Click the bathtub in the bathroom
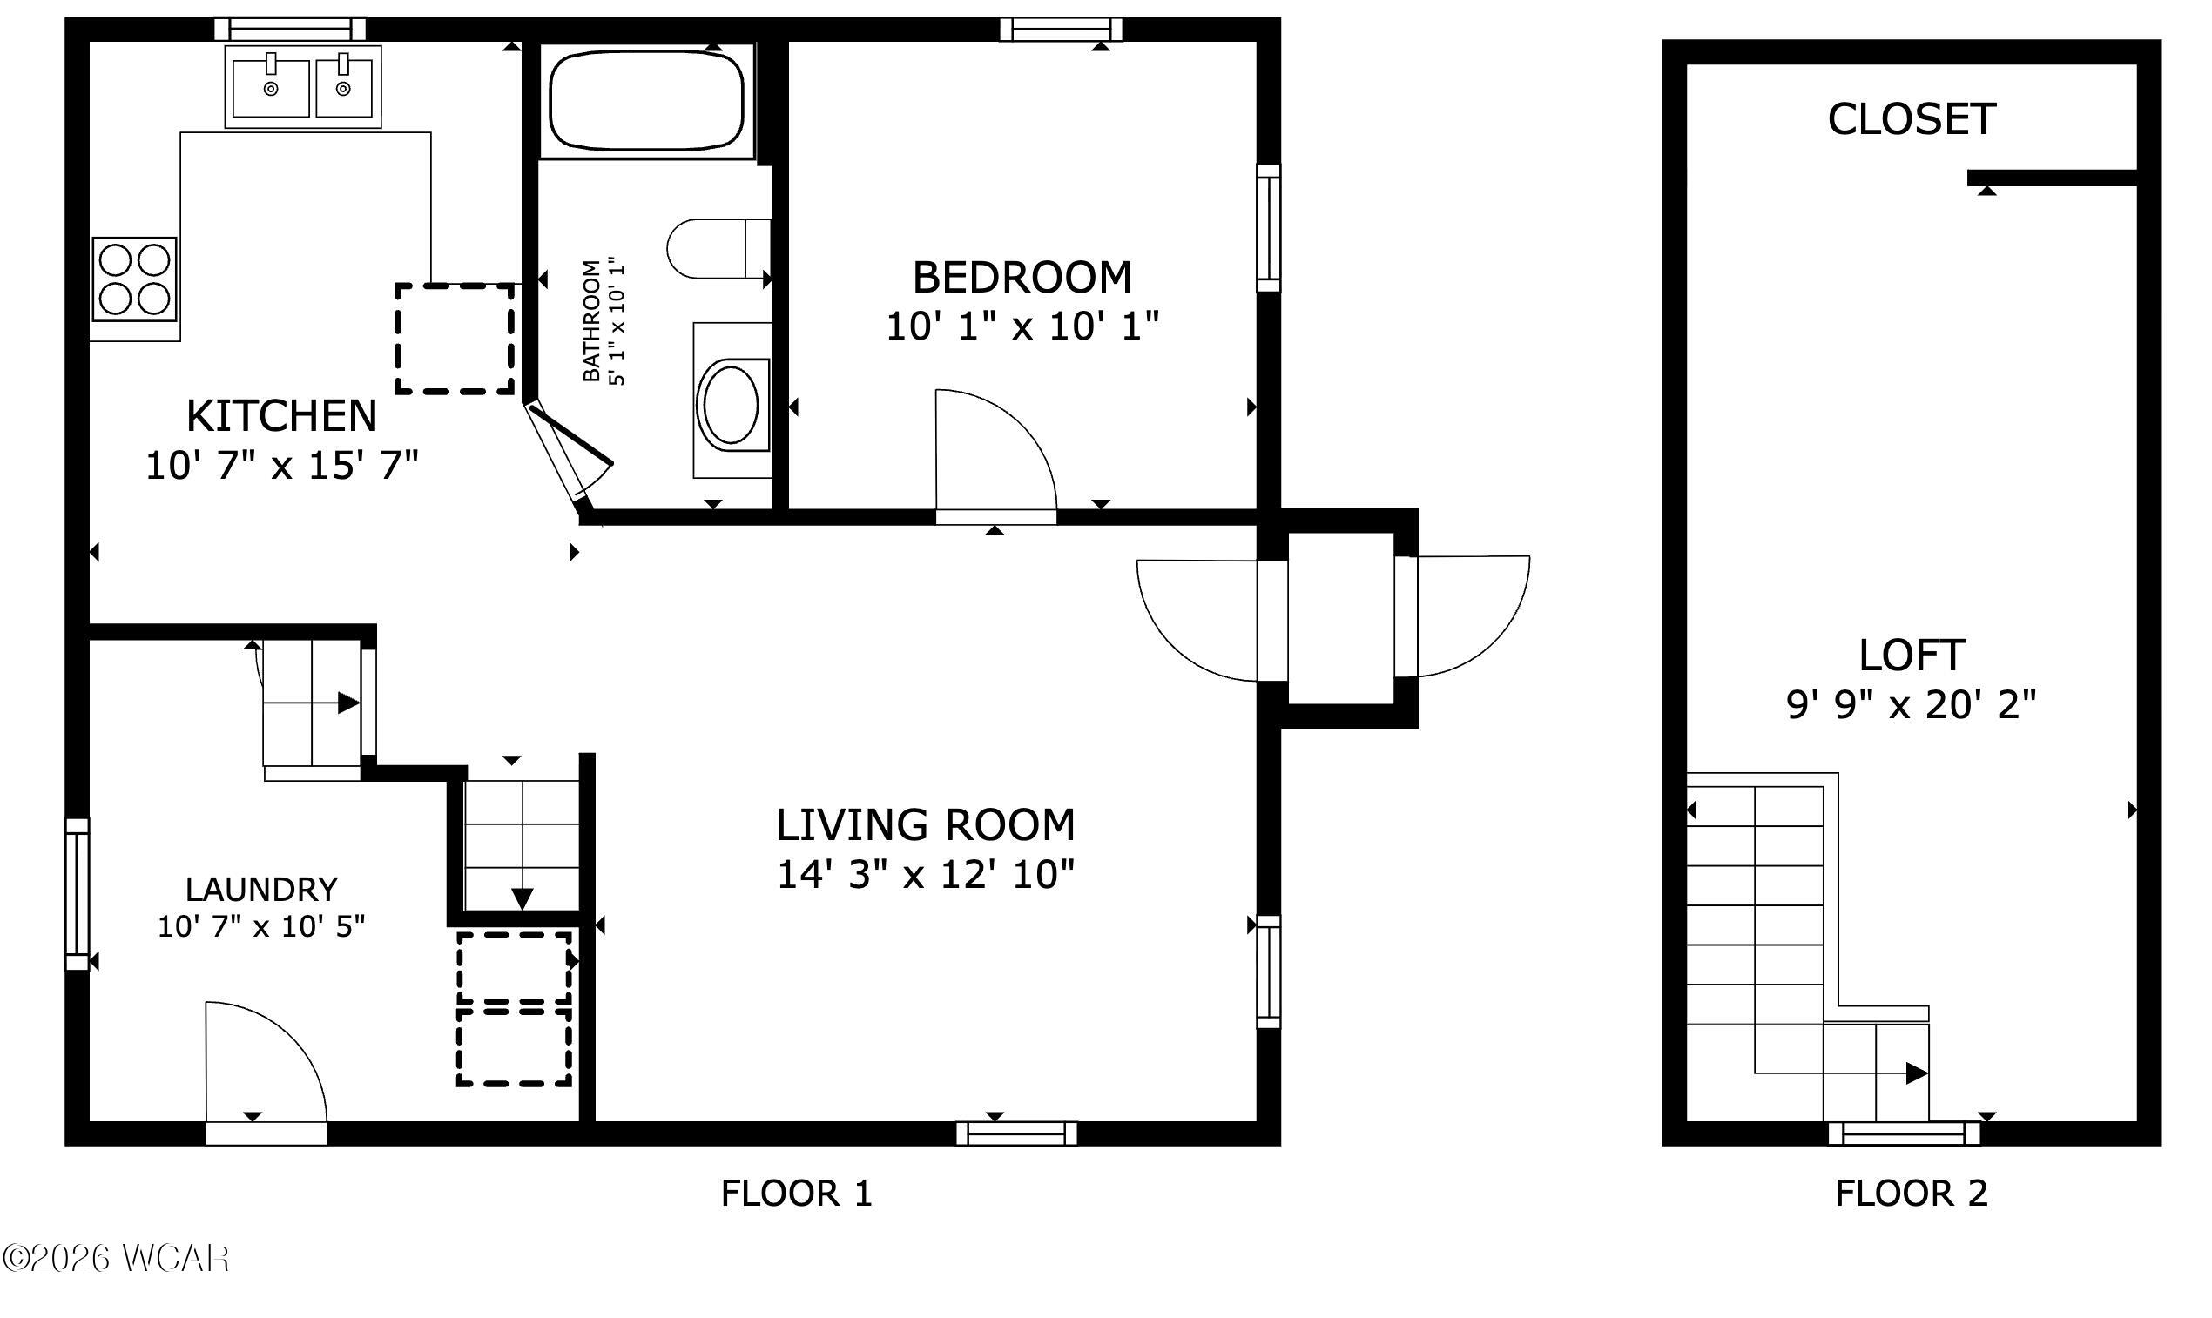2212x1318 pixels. pyautogui.click(x=647, y=99)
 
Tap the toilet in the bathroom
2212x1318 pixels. pyautogui.click(x=718, y=249)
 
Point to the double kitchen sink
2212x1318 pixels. pyautogui.click(x=303, y=87)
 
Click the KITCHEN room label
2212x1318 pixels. pyautogui.click(x=281, y=415)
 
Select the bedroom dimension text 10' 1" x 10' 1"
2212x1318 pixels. pyautogui.click(x=1022, y=326)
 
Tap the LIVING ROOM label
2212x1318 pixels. pyautogui.click(x=926, y=825)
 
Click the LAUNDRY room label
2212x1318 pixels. pyautogui.click(x=261, y=889)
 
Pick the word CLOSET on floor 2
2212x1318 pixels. pyautogui.click(x=1912, y=119)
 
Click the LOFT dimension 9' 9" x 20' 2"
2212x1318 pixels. pyautogui.click(x=1912, y=705)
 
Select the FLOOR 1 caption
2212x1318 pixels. pyautogui.click(x=797, y=1193)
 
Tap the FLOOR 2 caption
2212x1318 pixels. pyautogui.click(x=1912, y=1193)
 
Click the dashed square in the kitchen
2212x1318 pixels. pyautogui.click(x=455, y=339)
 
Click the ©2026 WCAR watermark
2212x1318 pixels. pyautogui.click(x=116, y=1258)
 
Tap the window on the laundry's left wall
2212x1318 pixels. pyautogui.click(x=78, y=893)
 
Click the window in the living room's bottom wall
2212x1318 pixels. pyautogui.click(x=1016, y=1133)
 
